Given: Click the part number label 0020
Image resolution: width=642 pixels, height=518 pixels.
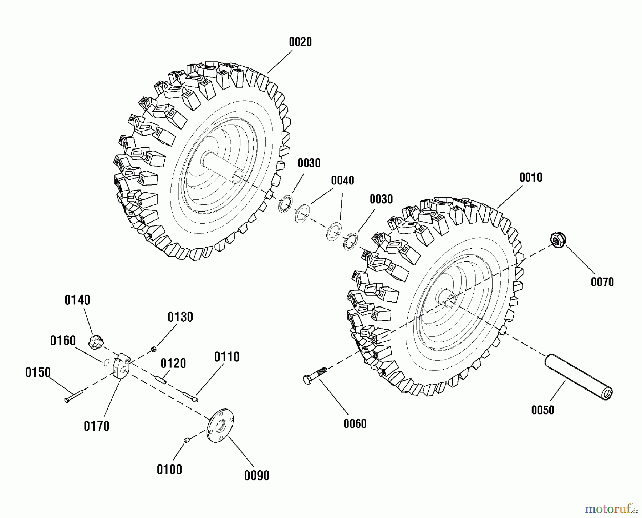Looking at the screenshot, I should pyautogui.click(x=300, y=42).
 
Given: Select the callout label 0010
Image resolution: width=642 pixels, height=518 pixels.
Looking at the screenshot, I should pyautogui.click(x=531, y=177).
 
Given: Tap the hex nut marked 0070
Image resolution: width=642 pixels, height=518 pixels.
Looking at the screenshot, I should pyautogui.click(x=558, y=240).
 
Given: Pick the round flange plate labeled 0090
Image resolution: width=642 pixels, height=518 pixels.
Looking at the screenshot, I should pyautogui.click(x=220, y=425).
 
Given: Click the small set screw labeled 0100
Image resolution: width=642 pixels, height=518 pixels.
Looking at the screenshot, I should pyautogui.click(x=186, y=441).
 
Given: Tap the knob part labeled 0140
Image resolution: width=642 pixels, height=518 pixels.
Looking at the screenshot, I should pyautogui.click(x=96, y=341).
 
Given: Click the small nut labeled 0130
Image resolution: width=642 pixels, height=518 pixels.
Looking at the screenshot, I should pyautogui.click(x=153, y=349).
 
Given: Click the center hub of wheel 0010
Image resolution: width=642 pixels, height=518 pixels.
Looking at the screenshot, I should pyautogui.click(x=449, y=300).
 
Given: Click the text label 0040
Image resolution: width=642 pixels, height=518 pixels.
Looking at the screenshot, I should pyautogui.click(x=342, y=181).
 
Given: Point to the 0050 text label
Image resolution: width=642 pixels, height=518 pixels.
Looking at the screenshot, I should pyautogui.click(x=542, y=410).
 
